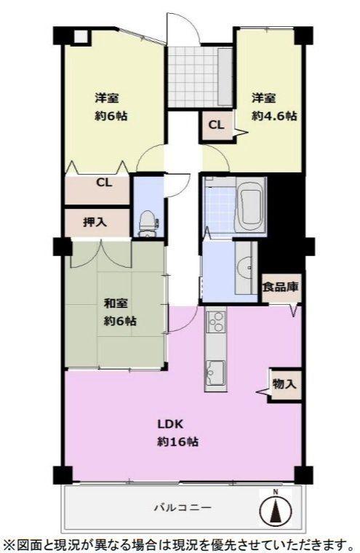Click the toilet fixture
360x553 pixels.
coord(148,223)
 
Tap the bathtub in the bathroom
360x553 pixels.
coord(250,206)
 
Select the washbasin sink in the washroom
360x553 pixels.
coord(244,268)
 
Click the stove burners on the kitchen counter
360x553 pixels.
coord(215,321)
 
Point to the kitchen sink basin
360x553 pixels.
coord(215,373)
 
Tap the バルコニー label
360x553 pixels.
coord(183,508)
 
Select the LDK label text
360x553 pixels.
coord(170,423)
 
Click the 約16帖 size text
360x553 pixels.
coord(177,442)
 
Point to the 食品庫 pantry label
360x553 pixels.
coord(280,287)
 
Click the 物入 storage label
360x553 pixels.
coord(284,383)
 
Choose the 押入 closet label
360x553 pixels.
coord(95,222)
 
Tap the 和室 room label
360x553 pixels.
coord(116,303)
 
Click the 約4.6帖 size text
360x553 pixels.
coord(274,116)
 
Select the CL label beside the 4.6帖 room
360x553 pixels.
coord(216,125)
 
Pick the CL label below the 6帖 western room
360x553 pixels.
coord(105,183)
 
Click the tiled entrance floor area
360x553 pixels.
coord(192,77)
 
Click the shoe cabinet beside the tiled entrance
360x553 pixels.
coord(225,77)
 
